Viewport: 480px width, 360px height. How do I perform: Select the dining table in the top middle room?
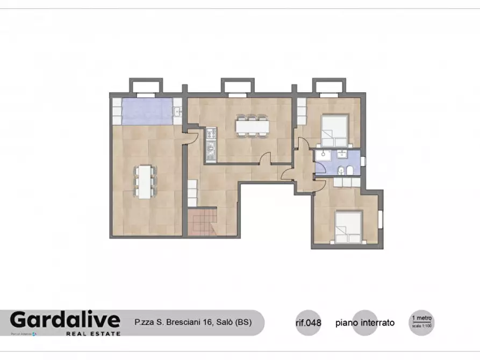253,125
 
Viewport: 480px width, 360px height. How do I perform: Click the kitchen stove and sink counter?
211,145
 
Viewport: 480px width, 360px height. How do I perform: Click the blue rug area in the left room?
146,111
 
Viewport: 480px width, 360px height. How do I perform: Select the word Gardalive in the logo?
65,320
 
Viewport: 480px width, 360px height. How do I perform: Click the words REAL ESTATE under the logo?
93,333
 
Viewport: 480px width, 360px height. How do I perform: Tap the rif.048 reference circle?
308,323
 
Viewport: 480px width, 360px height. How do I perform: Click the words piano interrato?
365,323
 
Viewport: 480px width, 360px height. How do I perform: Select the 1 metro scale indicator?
421,321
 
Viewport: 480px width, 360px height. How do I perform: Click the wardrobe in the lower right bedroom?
347,182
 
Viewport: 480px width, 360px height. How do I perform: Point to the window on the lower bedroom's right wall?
381,218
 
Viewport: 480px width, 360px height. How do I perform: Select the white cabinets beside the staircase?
192,193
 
